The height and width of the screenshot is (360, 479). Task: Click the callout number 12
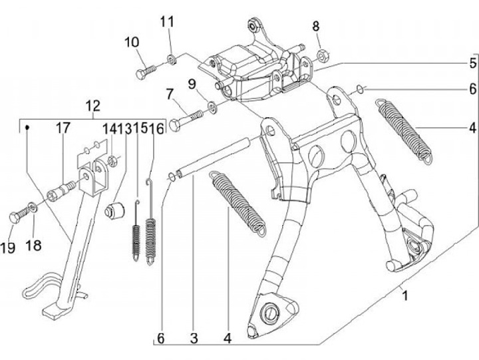coord(92,105)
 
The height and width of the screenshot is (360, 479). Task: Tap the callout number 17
coord(63,128)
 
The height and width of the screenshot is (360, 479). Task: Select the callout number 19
coord(7,248)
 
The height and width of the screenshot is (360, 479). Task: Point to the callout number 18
coord(33,246)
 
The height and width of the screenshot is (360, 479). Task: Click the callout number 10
coord(131,43)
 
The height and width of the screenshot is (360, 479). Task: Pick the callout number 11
coord(166,22)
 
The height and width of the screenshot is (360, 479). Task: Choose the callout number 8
coord(317,27)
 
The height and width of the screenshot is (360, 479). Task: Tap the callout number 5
coord(472,63)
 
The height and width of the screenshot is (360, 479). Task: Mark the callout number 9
coord(192,84)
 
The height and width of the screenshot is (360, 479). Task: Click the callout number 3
coord(194,338)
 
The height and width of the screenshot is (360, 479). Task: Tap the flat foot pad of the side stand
coord(54,310)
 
